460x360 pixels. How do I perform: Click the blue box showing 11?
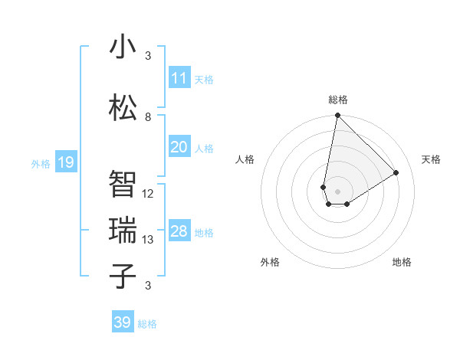coord(179,78)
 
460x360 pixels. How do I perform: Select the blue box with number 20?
coord(179,147)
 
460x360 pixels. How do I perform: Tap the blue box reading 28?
coord(179,231)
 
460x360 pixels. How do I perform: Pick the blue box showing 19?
coord(65,162)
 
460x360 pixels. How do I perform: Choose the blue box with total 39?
coord(123,322)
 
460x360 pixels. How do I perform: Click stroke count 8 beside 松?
coord(148,117)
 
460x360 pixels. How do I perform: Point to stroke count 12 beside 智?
coord(148,194)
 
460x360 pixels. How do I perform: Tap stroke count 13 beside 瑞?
coord(148,240)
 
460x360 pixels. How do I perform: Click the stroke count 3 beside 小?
coord(148,56)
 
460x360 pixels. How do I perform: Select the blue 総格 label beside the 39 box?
coord(147,324)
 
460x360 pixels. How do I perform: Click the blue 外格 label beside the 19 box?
coord(41,163)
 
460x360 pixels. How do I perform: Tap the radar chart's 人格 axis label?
coord(245,159)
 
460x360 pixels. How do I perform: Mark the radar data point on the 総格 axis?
coord(337,116)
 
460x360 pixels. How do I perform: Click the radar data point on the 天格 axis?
coord(396,172)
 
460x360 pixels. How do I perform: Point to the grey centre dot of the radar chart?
coord(337,190)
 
